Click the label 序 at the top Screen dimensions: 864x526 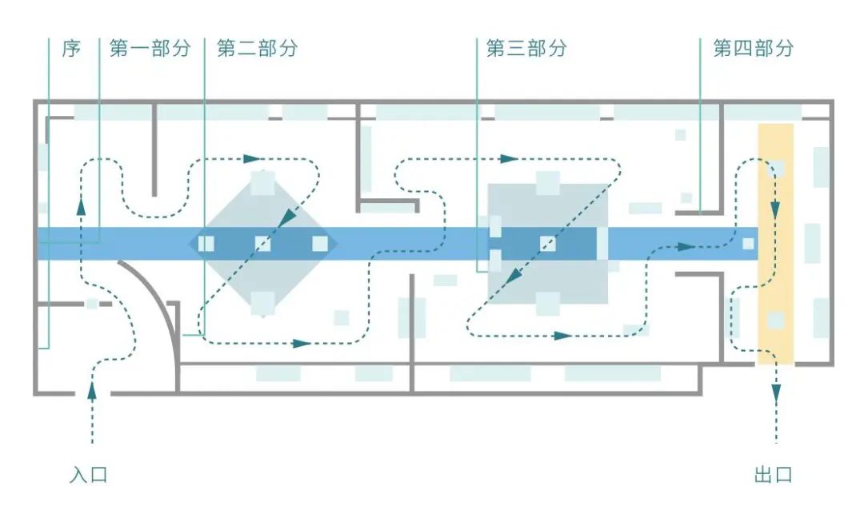pos(71,49)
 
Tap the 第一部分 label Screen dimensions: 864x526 pos(150,49)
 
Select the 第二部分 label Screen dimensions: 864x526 pos(258,49)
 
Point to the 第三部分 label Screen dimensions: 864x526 pos(526,49)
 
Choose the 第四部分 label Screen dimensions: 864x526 pos(754,49)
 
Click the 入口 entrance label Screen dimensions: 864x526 pos(88,475)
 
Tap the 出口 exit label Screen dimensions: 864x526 pos(773,475)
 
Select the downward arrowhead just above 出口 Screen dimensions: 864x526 pos(776,393)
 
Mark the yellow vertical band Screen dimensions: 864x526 pos(776,244)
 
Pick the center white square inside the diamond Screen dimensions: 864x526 pos(263,244)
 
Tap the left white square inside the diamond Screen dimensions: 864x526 pos(206,244)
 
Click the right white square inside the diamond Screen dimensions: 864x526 pos(320,244)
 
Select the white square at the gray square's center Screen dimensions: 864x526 pos(548,244)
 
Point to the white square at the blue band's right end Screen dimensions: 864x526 pos(748,244)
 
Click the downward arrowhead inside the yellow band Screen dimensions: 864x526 pos(775,209)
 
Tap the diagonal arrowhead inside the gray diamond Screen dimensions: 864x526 pos(286,218)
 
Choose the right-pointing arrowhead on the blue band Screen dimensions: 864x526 pos(686,247)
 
